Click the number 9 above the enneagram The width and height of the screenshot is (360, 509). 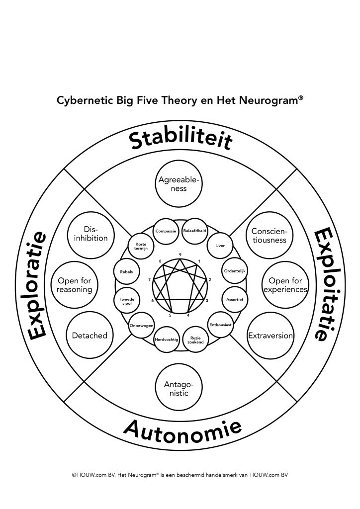click(x=180, y=254)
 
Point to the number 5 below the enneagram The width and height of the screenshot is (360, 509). click(x=170, y=315)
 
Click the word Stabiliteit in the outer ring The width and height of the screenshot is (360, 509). click(x=180, y=140)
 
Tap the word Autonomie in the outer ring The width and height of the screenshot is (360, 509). click(x=182, y=430)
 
